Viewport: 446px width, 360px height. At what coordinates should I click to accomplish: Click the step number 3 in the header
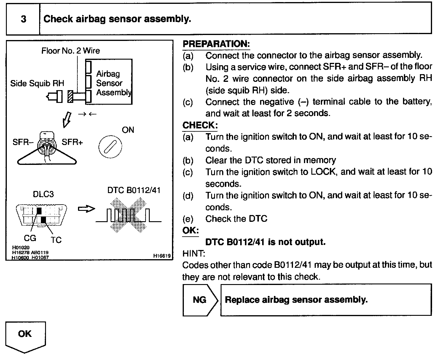23,19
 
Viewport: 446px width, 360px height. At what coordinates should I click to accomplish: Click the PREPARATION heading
216,44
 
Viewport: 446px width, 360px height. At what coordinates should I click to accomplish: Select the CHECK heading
200,125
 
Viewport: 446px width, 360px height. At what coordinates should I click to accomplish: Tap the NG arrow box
200,300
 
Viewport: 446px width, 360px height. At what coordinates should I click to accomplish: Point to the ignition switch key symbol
110,147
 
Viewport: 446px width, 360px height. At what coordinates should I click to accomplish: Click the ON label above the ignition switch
128,130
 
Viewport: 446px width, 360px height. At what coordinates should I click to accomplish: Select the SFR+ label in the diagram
72,142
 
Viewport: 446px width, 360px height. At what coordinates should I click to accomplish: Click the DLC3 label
43,194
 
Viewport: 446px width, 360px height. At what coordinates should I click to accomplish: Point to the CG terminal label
30,238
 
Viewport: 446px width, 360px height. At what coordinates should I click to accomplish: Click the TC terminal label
56,240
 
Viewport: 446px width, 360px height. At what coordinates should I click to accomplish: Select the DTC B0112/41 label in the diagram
134,190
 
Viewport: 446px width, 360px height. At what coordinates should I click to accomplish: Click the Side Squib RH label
37,83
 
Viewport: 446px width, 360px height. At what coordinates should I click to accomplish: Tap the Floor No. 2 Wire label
71,51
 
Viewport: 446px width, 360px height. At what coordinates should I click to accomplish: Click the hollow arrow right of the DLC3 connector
86,209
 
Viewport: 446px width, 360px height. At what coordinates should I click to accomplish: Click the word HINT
194,254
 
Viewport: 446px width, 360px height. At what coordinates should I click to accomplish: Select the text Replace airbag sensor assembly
296,300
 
